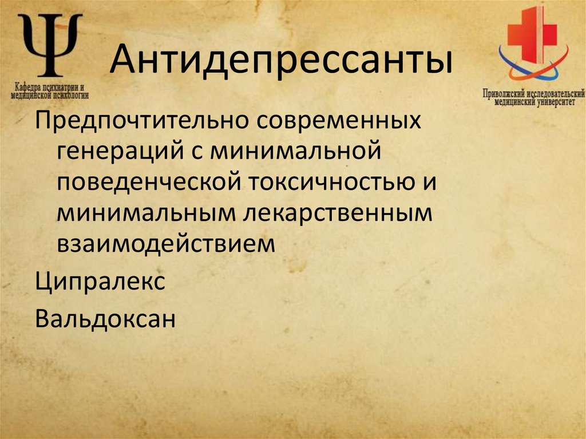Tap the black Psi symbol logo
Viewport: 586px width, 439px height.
50,45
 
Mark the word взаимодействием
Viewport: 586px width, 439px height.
166,243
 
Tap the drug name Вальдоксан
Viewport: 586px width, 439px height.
104,318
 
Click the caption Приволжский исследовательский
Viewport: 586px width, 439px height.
533,93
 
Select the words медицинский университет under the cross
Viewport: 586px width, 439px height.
533,102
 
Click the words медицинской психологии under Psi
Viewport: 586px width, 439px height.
49,96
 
